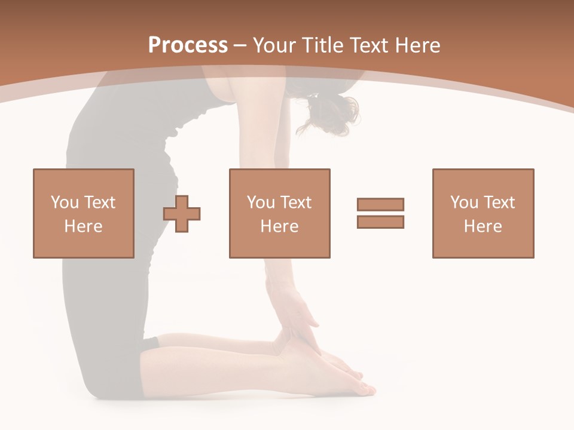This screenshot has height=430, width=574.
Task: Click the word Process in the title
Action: (x=188, y=45)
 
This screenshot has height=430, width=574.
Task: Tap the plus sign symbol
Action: (x=182, y=214)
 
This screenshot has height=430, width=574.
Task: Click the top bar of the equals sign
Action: (x=380, y=204)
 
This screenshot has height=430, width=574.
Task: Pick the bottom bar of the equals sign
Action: (x=380, y=222)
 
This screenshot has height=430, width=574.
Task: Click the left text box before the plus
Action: (x=83, y=213)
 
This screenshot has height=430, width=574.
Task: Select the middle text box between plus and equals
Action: (x=279, y=213)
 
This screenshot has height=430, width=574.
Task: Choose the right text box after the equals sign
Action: (x=483, y=213)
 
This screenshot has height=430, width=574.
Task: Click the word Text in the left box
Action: (x=99, y=202)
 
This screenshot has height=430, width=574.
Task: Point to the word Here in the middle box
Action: (x=279, y=226)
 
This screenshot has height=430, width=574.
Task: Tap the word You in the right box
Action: (x=465, y=202)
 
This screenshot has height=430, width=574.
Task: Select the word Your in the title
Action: (x=275, y=45)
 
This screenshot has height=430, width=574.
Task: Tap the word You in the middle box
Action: (x=261, y=202)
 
